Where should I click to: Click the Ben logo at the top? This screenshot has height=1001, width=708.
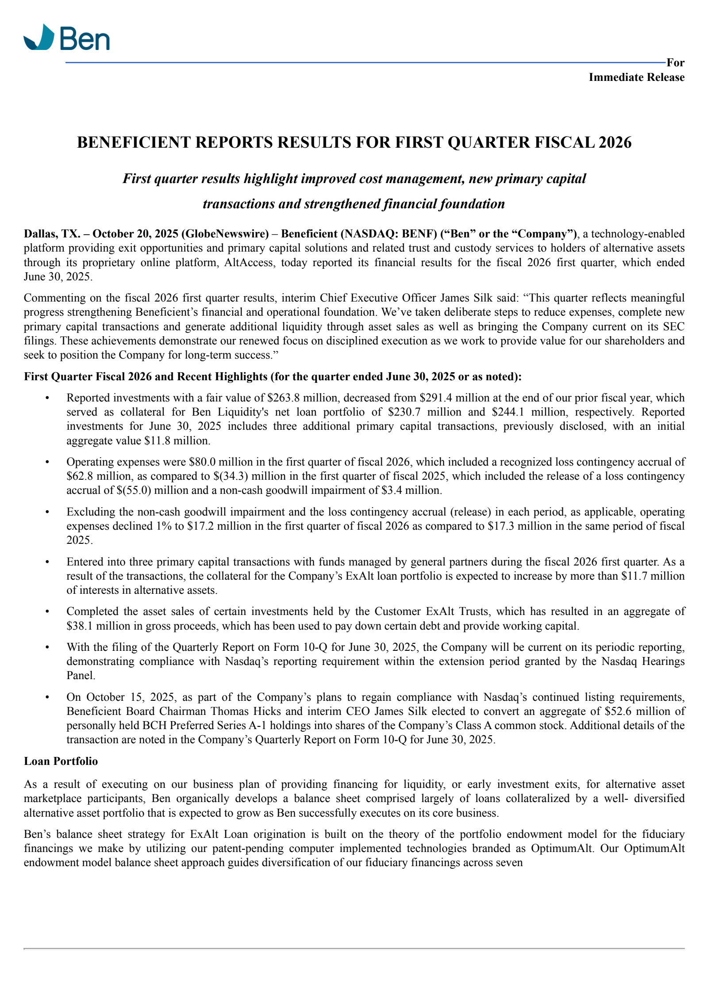(66, 38)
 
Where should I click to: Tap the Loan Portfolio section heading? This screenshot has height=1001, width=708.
(61, 761)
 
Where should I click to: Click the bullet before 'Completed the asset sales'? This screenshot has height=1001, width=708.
(47, 612)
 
